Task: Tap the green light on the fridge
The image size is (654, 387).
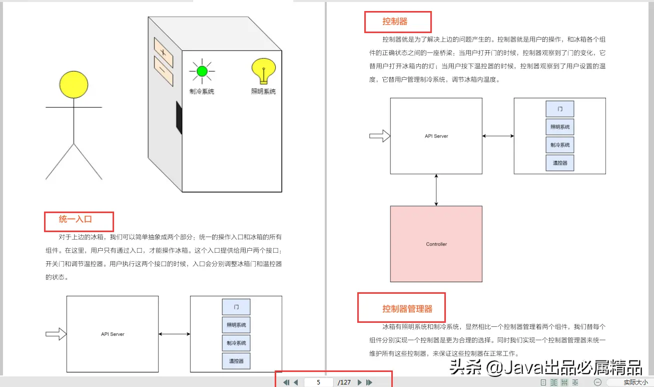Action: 202,71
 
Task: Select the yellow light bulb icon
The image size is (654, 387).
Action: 264,71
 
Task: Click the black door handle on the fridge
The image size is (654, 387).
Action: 178,118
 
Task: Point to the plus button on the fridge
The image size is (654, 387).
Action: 163,52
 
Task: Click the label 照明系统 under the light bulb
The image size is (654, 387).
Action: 264,92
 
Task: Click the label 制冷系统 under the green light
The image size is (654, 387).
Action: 202,92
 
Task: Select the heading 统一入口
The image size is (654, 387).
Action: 76,219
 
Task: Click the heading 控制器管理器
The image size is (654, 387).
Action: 407,309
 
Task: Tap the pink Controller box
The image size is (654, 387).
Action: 436,244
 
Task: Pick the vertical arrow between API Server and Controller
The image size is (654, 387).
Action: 437,190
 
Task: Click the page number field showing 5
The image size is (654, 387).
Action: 319,382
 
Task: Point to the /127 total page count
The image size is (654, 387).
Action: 345,382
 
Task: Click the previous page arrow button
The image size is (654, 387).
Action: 296,382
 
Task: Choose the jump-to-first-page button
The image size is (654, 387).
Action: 286,382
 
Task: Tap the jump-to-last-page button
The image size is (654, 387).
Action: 369,382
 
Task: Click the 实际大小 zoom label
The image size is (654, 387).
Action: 635,382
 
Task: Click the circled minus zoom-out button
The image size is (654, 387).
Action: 597,382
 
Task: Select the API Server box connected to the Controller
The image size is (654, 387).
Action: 436,136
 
